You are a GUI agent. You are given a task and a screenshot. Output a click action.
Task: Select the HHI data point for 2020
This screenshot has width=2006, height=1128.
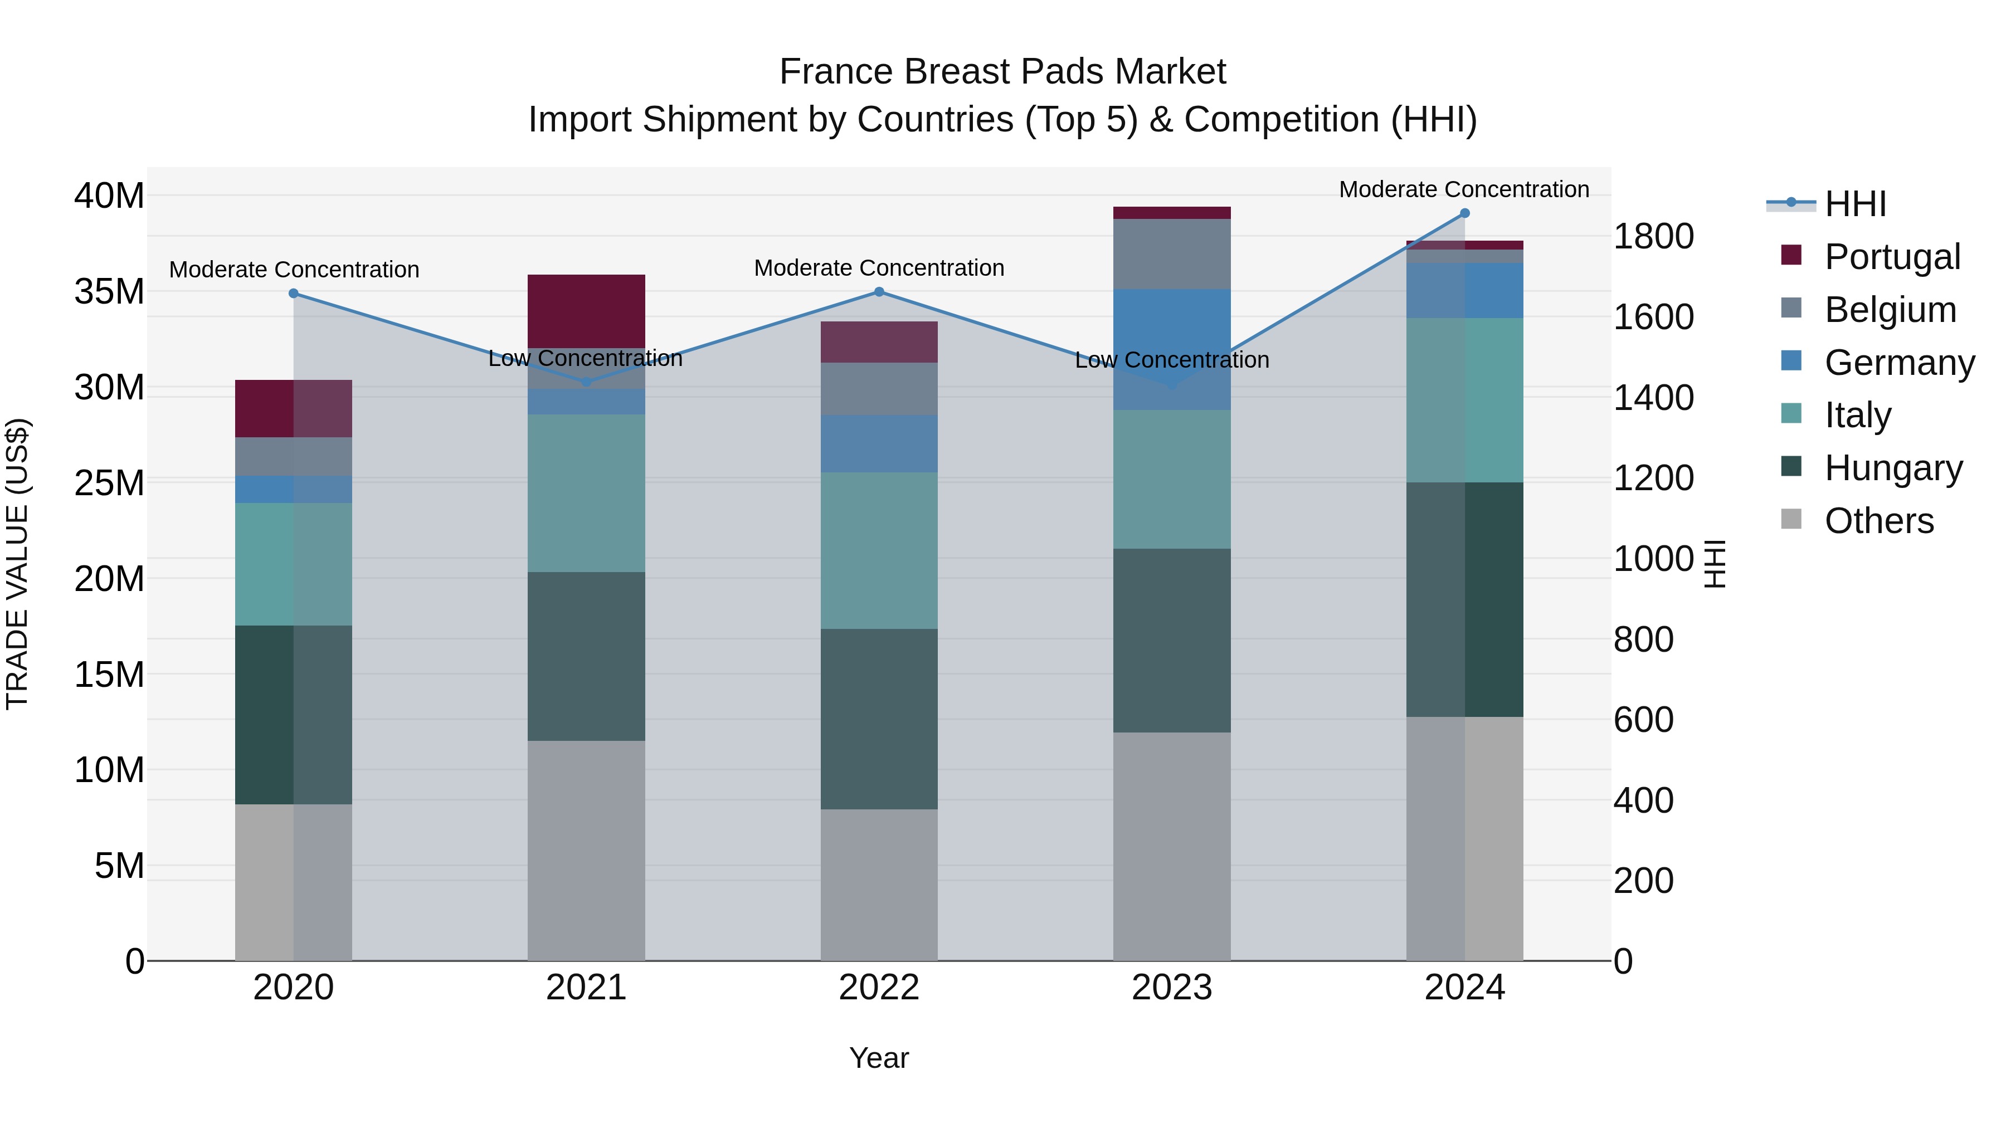pyautogui.click(x=294, y=294)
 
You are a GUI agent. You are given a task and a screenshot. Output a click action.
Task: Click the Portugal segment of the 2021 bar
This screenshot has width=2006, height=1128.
pyautogui.click(x=586, y=311)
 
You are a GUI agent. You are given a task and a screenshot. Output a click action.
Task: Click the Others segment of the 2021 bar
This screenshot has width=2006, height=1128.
pyautogui.click(x=586, y=850)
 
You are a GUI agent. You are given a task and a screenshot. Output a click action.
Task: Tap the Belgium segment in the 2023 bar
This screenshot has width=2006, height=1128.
pyautogui.click(x=1172, y=254)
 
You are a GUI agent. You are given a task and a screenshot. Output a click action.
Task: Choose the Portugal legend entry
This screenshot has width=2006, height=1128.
pyautogui.click(x=1892, y=257)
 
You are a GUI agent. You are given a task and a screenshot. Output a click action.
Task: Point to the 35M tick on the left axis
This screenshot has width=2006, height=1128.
pyautogui.click(x=109, y=291)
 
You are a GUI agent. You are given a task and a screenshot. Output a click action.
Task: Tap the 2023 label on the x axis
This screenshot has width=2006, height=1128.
pyautogui.click(x=1172, y=988)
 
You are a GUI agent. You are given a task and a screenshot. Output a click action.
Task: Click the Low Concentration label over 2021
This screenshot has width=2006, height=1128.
pyautogui.click(x=586, y=358)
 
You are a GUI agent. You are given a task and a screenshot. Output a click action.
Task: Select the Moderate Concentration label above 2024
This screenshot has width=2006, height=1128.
pyautogui.click(x=1464, y=189)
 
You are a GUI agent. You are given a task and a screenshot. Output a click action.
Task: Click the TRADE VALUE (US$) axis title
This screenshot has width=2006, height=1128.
pyautogui.click(x=18, y=564)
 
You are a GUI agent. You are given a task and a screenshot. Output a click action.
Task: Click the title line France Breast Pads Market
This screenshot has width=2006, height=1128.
pyautogui.click(x=1002, y=72)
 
